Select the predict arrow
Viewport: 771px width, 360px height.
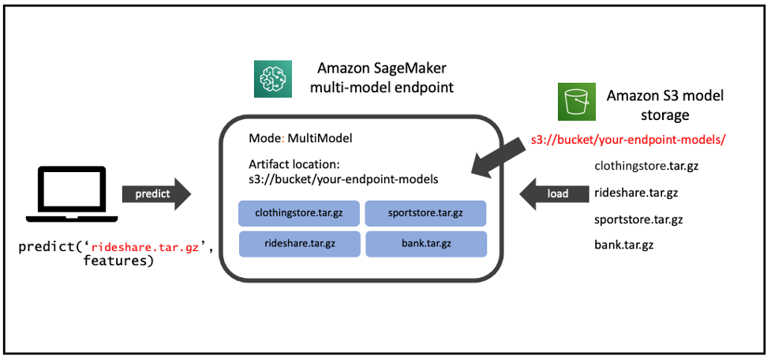click(155, 193)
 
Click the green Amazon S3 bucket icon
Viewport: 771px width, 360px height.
click(577, 102)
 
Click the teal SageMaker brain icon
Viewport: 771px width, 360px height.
click(273, 78)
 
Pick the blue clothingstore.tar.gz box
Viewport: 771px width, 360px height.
click(299, 213)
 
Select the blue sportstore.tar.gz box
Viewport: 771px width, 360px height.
click(425, 213)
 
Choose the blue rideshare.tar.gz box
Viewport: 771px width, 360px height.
click(299, 244)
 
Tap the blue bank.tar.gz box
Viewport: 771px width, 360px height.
click(425, 244)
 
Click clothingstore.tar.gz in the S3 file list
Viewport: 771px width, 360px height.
click(646, 167)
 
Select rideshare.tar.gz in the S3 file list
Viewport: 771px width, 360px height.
click(636, 193)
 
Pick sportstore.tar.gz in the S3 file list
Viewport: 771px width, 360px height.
click(638, 219)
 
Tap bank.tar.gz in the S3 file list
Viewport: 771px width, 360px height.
click(623, 245)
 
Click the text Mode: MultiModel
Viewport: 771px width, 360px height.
click(300, 138)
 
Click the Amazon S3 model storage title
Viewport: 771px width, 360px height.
click(664, 104)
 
